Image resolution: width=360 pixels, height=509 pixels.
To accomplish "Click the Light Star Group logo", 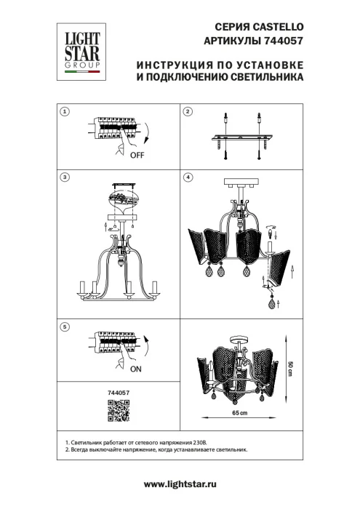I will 81,52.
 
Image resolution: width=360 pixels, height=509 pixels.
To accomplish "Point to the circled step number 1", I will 65,111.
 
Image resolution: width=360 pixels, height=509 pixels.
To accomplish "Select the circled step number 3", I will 65,177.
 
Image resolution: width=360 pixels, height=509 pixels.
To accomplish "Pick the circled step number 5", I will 65,328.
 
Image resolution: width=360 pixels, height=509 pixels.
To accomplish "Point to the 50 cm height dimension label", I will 289,369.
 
